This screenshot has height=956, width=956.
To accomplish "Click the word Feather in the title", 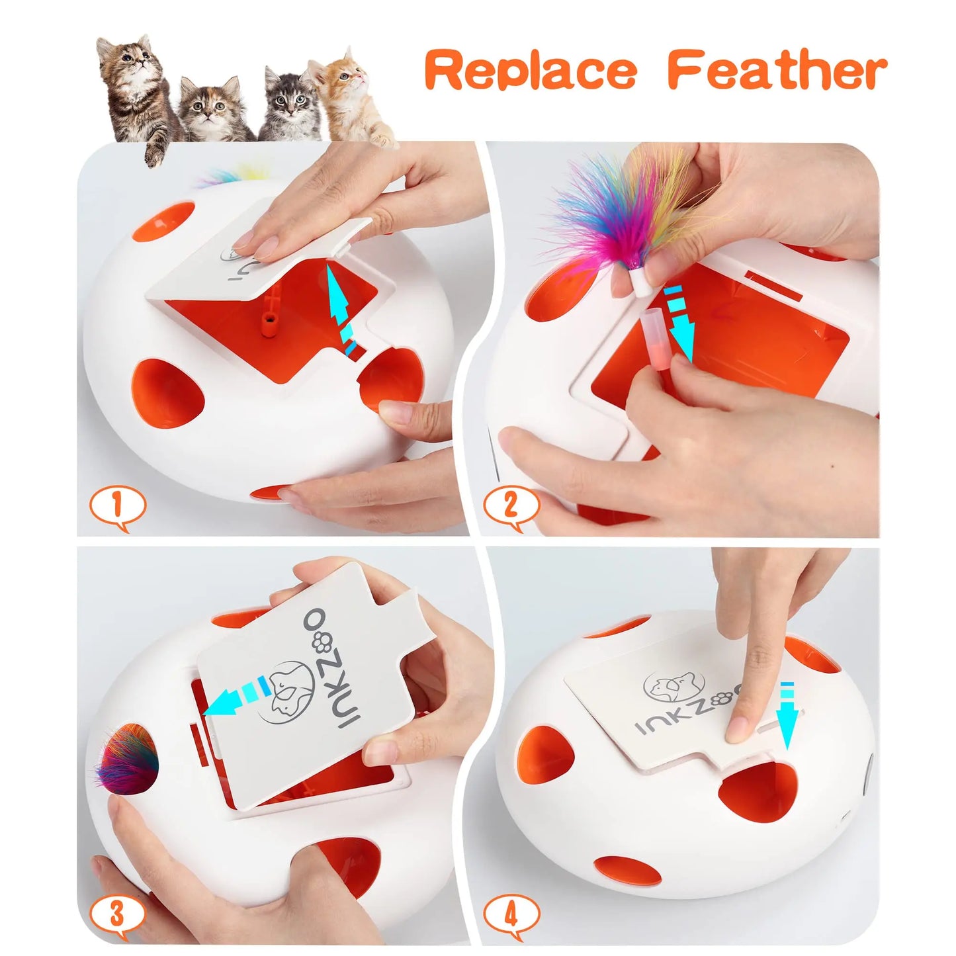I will pyautogui.click(x=777, y=71).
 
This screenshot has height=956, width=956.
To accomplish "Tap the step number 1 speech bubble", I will pyautogui.click(x=117, y=507).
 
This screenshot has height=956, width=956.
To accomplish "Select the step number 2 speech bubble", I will pyautogui.click(x=510, y=507).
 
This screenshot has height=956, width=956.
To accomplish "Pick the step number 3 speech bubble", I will pyautogui.click(x=117, y=915).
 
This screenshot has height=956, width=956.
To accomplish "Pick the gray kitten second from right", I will pyautogui.click(x=288, y=106).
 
